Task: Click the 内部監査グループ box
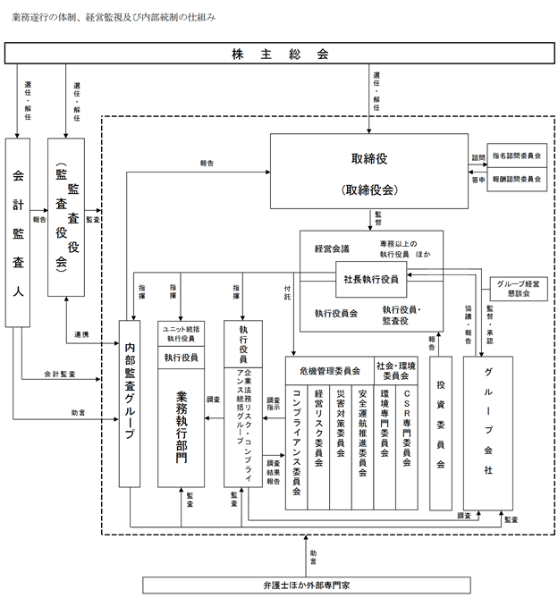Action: [131, 402]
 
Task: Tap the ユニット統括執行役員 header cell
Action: [182, 333]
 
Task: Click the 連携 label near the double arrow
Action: [81, 334]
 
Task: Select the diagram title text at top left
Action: [114, 17]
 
